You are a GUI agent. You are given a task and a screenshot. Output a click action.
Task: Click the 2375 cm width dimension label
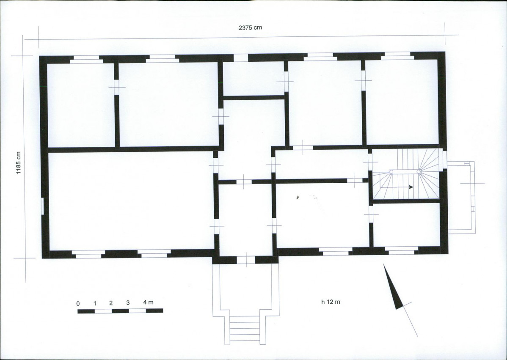pos(250,27)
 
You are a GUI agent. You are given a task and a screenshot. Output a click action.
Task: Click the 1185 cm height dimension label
pos(19,162)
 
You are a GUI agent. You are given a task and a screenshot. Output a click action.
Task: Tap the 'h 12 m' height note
pos(331,302)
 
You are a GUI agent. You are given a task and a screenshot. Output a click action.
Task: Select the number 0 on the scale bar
pos(78,303)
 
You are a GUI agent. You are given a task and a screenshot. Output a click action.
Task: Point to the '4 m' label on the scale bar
pos(149,302)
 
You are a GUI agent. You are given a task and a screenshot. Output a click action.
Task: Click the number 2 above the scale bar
pos(111,303)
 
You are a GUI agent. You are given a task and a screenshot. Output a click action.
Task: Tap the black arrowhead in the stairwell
pos(411,187)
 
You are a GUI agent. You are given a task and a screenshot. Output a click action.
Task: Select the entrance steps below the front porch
pos(245,329)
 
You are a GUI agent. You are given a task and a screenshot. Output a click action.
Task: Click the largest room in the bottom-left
pos(131,201)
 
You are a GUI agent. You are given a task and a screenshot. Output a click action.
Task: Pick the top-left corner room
pos(81,105)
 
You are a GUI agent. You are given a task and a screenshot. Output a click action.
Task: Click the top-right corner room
pos(402,102)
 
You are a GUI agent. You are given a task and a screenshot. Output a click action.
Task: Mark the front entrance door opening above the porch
pos(246,260)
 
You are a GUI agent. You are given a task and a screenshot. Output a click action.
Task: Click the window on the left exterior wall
pos(42,206)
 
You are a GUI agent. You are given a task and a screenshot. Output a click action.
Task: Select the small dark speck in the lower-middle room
pos(298,196)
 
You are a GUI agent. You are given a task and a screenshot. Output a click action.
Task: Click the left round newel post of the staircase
pos(391,172)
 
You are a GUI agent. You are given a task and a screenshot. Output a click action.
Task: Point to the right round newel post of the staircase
pos(419,172)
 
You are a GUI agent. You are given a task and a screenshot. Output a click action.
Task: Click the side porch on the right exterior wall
pos(461,198)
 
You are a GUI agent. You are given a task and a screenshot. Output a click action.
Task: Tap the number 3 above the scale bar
pos(128,303)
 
